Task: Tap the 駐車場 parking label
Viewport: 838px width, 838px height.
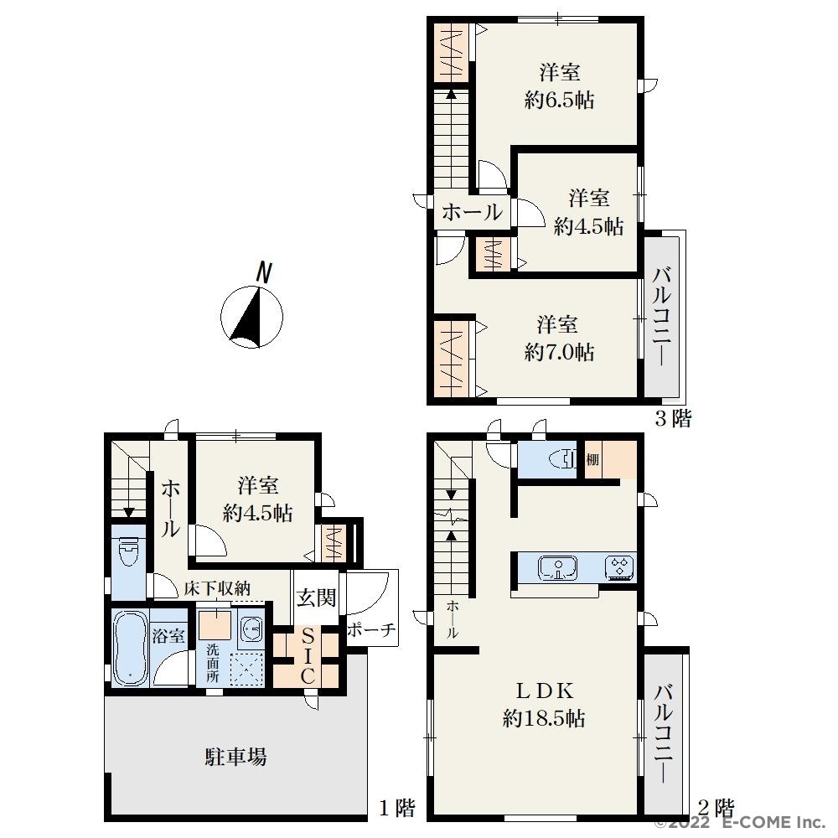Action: [235, 757]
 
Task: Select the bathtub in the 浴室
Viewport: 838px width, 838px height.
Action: [131, 649]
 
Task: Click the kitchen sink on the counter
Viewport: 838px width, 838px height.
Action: [558, 567]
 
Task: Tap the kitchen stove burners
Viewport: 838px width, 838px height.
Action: [620, 567]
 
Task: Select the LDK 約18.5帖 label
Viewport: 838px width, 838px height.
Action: [544, 705]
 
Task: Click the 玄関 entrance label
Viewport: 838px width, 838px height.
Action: [316, 597]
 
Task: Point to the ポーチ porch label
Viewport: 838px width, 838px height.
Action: [371, 630]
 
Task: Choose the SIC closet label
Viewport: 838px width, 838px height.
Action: [308, 656]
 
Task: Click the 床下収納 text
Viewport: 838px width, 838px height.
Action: [217, 588]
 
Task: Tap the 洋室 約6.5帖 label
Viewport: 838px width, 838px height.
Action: [560, 86]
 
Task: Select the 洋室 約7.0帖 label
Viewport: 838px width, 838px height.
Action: [559, 339]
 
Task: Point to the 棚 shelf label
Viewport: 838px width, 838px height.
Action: [592, 459]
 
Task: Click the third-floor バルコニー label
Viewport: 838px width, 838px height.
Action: [663, 318]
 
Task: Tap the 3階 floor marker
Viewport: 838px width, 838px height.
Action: [673, 418]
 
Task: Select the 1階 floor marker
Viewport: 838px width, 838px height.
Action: [397, 808]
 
